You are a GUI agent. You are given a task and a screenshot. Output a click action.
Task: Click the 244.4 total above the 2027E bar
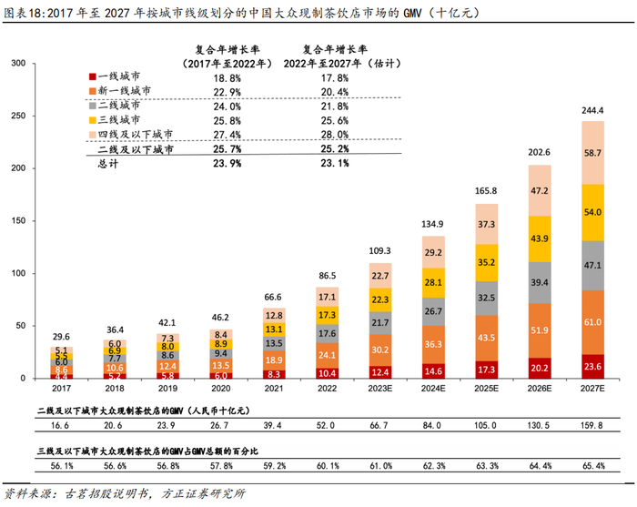tap(592, 111)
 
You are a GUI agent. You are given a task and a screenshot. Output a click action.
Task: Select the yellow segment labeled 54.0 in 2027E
tap(592, 212)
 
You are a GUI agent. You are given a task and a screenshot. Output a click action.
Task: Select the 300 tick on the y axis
tap(17, 63)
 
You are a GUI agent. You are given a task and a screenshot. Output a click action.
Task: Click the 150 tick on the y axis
tap(17, 220)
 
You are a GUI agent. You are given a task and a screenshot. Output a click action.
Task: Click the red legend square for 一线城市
tap(92, 78)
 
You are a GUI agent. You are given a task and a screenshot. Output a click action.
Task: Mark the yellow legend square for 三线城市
tap(92, 119)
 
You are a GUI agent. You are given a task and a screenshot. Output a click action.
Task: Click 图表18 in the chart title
tap(25, 13)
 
